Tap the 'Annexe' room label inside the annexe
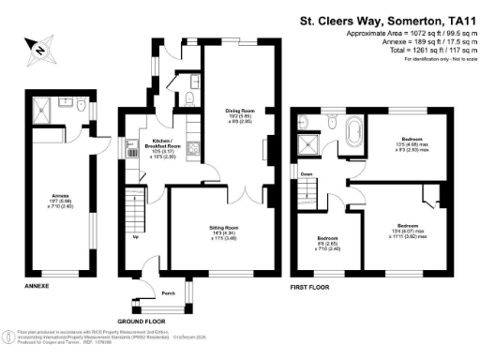tap(56, 193)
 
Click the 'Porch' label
tap(169, 292)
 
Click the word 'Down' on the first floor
tap(307, 174)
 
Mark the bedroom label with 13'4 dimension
tap(407, 226)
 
